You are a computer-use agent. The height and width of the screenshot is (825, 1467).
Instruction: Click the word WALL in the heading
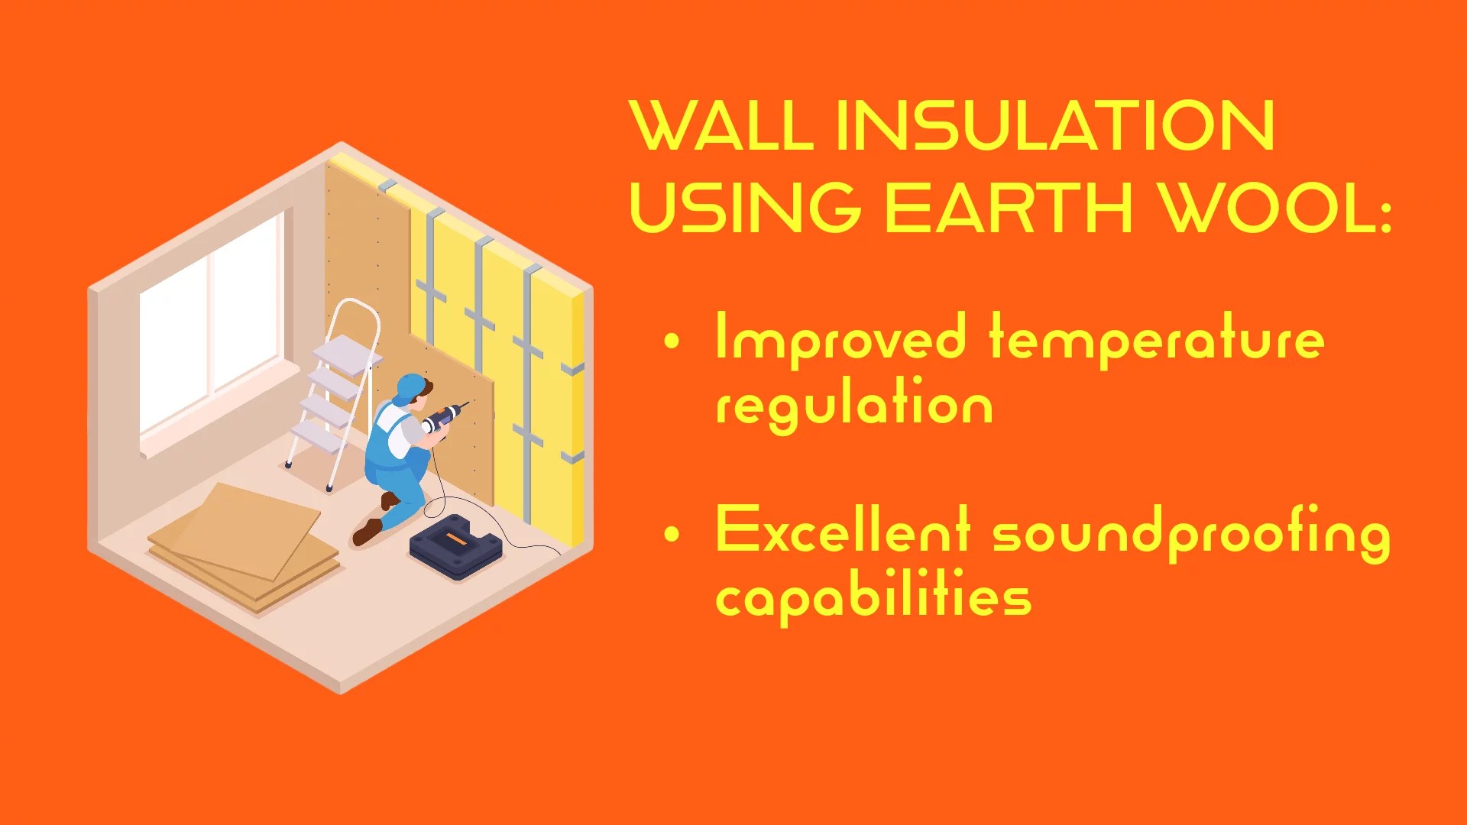pos(721,126)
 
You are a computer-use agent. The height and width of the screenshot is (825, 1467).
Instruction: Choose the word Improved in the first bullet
pos(840,338)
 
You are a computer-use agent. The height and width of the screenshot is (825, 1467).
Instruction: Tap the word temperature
pos(1157,338)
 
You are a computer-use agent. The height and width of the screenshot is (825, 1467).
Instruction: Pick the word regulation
pos(854,405)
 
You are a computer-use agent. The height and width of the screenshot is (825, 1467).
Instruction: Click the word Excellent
pos(842,531)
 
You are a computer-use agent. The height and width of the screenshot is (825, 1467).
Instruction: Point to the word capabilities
pos(873,597)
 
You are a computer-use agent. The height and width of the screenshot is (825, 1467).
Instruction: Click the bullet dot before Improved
pos(672,341)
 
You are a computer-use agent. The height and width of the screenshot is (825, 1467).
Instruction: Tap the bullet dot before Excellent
pos(672,535)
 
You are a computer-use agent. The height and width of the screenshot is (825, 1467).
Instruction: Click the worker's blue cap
pos(410,387)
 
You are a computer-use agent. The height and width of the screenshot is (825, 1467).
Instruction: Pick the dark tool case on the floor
pos(455,547)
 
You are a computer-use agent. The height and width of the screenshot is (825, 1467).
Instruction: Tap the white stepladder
pos(336,390)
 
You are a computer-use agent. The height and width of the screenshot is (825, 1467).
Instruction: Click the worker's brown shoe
pos(368,531)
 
